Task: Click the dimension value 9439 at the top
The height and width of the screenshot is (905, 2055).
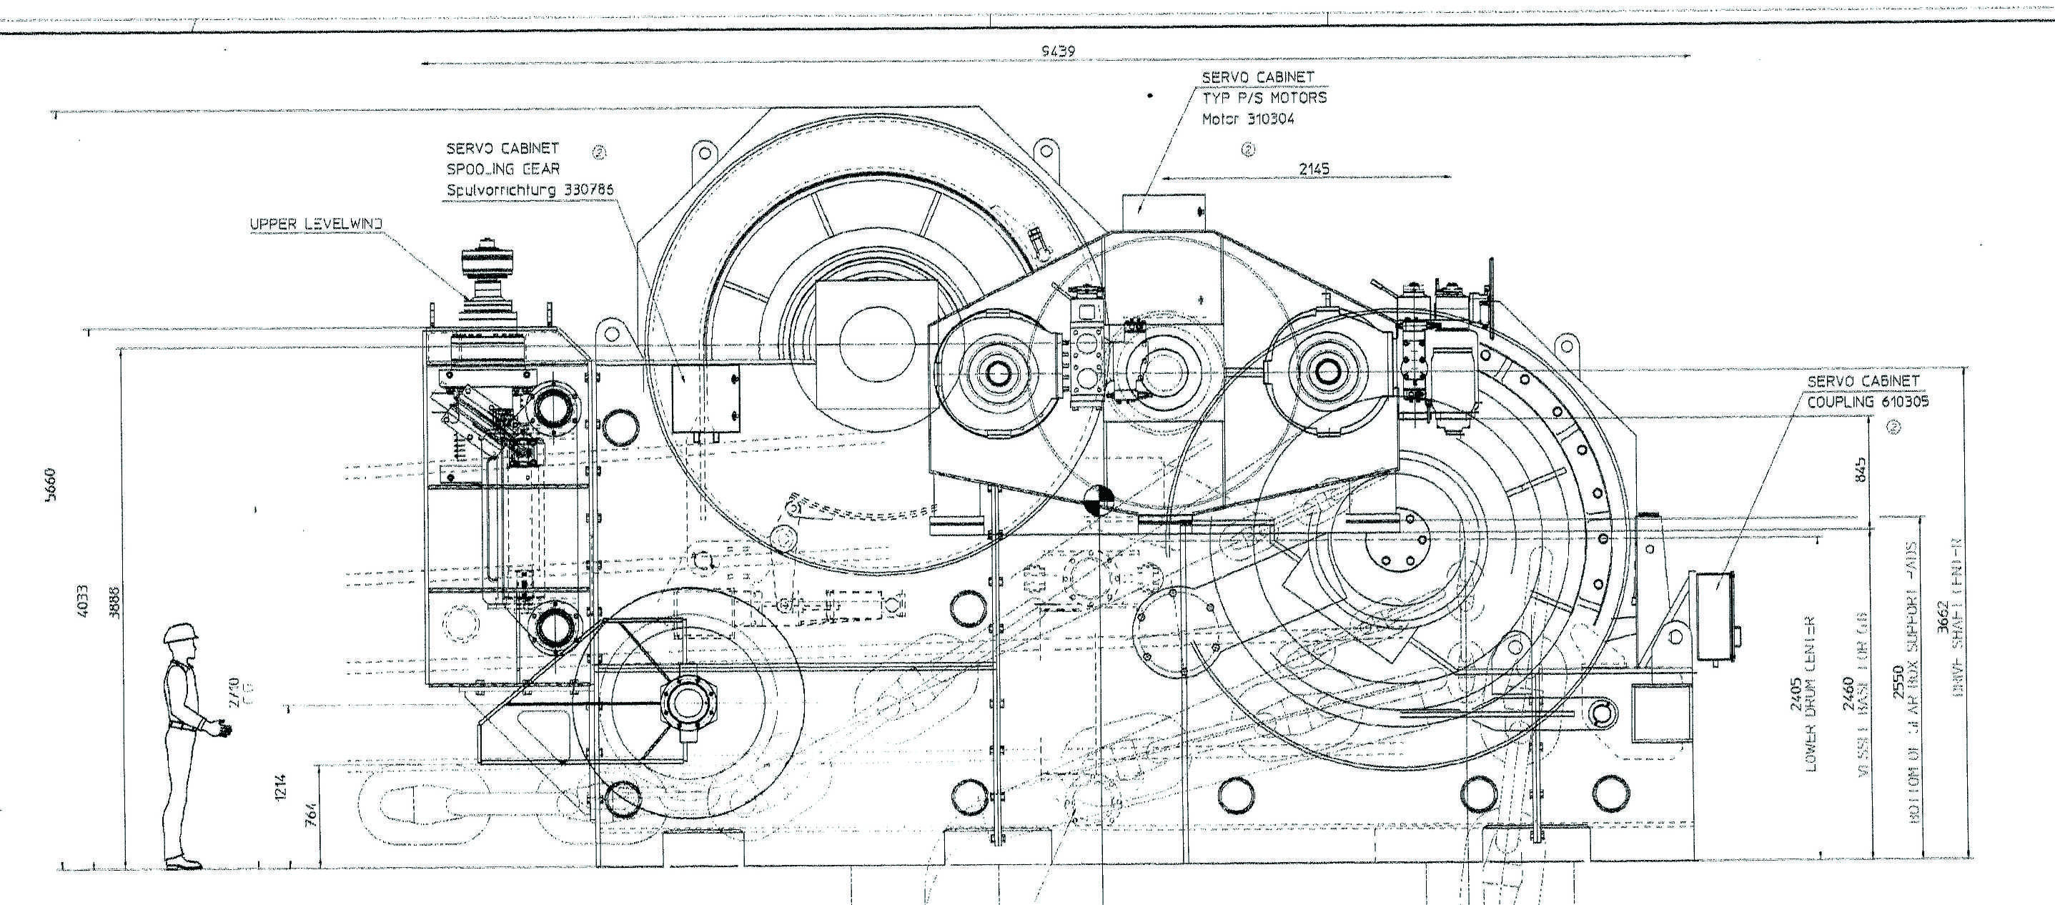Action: coord(1058,51)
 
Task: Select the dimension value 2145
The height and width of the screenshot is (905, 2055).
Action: coord(1314,169)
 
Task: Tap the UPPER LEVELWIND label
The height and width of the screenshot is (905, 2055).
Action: coord(316,224)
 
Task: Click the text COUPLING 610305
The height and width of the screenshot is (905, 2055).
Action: coord(1867,402)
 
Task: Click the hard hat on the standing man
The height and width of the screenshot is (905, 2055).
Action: coord(179,633)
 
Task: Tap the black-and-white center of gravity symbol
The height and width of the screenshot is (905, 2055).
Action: coord(1099,500)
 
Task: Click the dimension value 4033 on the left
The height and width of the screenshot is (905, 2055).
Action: coord(82,600)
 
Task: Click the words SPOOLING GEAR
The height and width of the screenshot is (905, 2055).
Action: coord(502,169)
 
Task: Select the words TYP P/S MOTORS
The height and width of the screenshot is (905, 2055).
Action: coord(1264,97)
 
